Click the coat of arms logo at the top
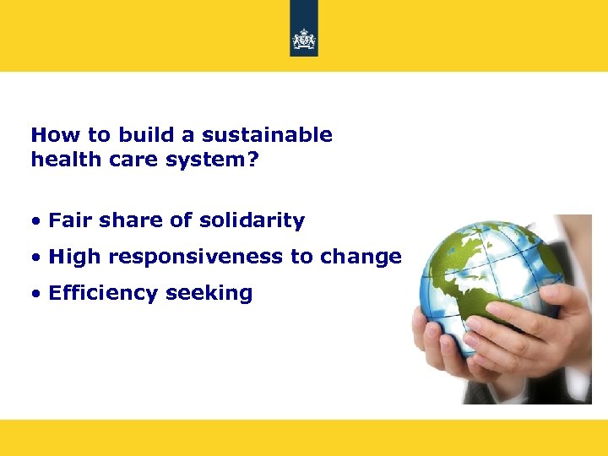point(304,39)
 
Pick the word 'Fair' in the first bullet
point(66,221)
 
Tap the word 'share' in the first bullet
point(125,221)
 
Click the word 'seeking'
point(209,294)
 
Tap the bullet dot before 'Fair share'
point(36,222)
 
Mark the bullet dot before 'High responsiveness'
point(36,258)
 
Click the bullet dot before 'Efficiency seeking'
point(36,295)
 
